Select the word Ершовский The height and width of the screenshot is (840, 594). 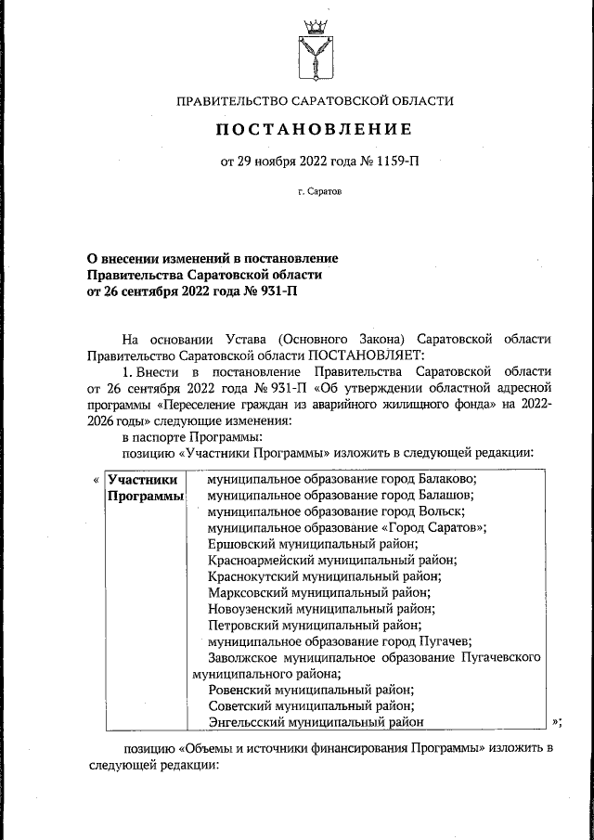pos(240,545)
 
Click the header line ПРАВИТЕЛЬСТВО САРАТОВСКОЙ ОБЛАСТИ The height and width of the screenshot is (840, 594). pos(315,100)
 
